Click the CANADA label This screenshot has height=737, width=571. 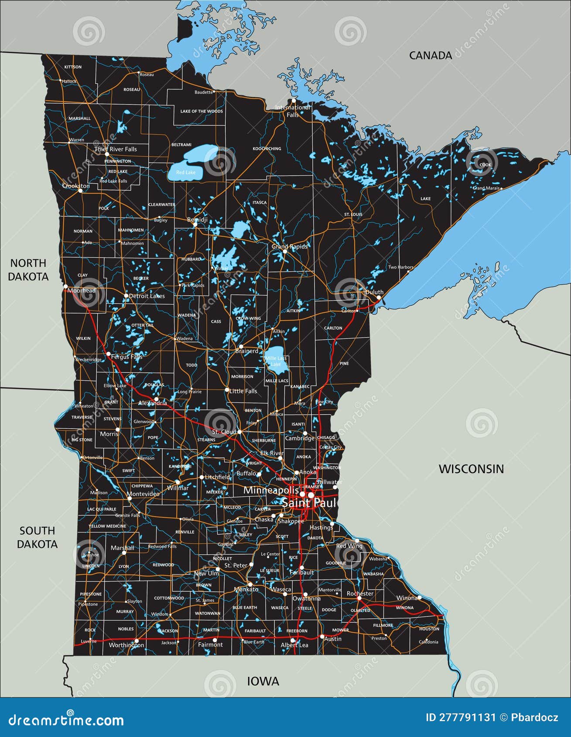coord(430,55)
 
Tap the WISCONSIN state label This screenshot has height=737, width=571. coord(471,469)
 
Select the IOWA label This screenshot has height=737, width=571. coord(263,681)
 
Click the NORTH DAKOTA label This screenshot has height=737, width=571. coord(28,270)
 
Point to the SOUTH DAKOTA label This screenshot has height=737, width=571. coord(37,537)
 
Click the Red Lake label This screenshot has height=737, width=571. coord(186,172)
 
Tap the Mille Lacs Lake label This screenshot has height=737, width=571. coord(276,361)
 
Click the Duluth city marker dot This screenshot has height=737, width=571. coord(378,297)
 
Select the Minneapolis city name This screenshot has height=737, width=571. coord(271,490)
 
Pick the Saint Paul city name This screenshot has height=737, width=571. coord(309,503)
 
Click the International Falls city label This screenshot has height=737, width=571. coord(293,111)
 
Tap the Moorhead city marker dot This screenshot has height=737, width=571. coord(65,286)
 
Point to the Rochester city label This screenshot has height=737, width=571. coord(360,594)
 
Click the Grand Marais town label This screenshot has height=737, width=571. coord(486,188)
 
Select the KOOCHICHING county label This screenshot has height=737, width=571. coord(267,149)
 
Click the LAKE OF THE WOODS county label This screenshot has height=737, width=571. coord(202,111)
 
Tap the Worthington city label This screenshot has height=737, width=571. coord(126,645)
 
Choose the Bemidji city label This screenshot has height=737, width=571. coord(197,220)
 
